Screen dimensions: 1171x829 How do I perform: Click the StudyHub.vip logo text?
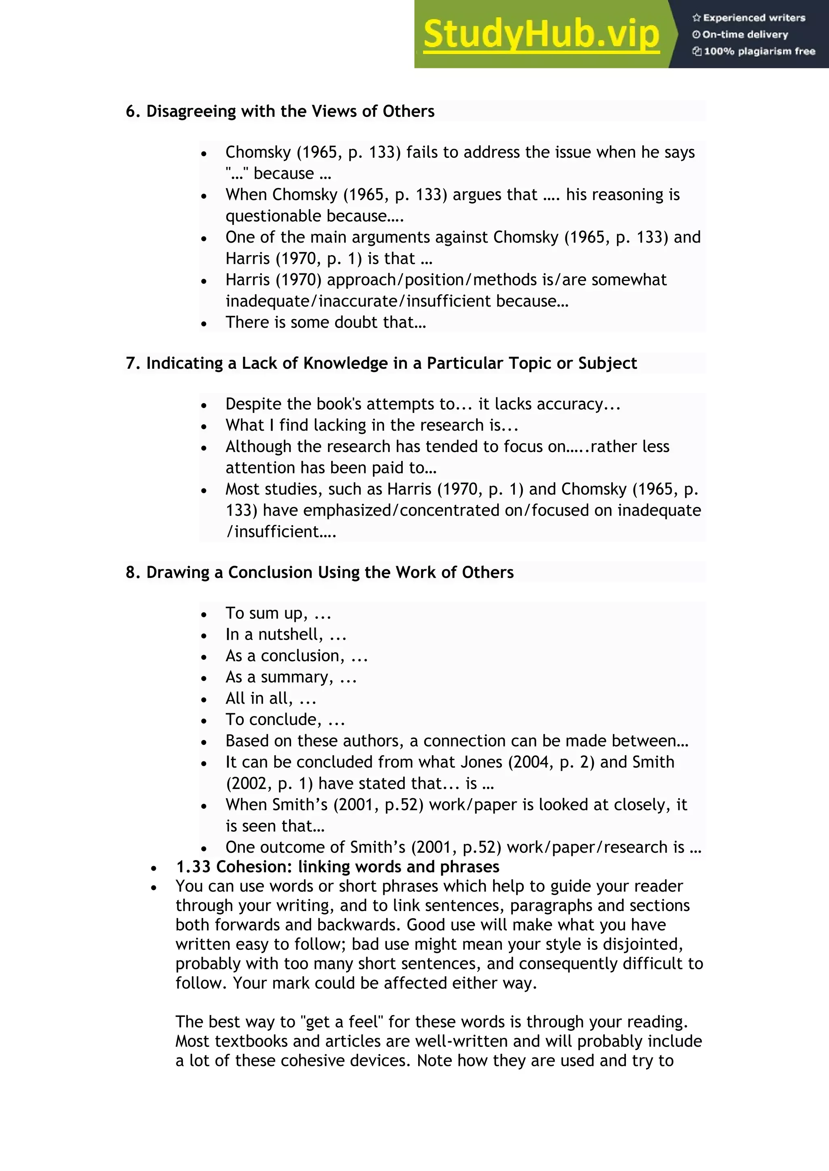(541, 35)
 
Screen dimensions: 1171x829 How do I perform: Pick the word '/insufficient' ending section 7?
(272, 531)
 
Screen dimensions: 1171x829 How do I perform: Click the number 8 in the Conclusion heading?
(131, 572)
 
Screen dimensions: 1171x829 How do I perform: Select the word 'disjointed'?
(642, 944)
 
